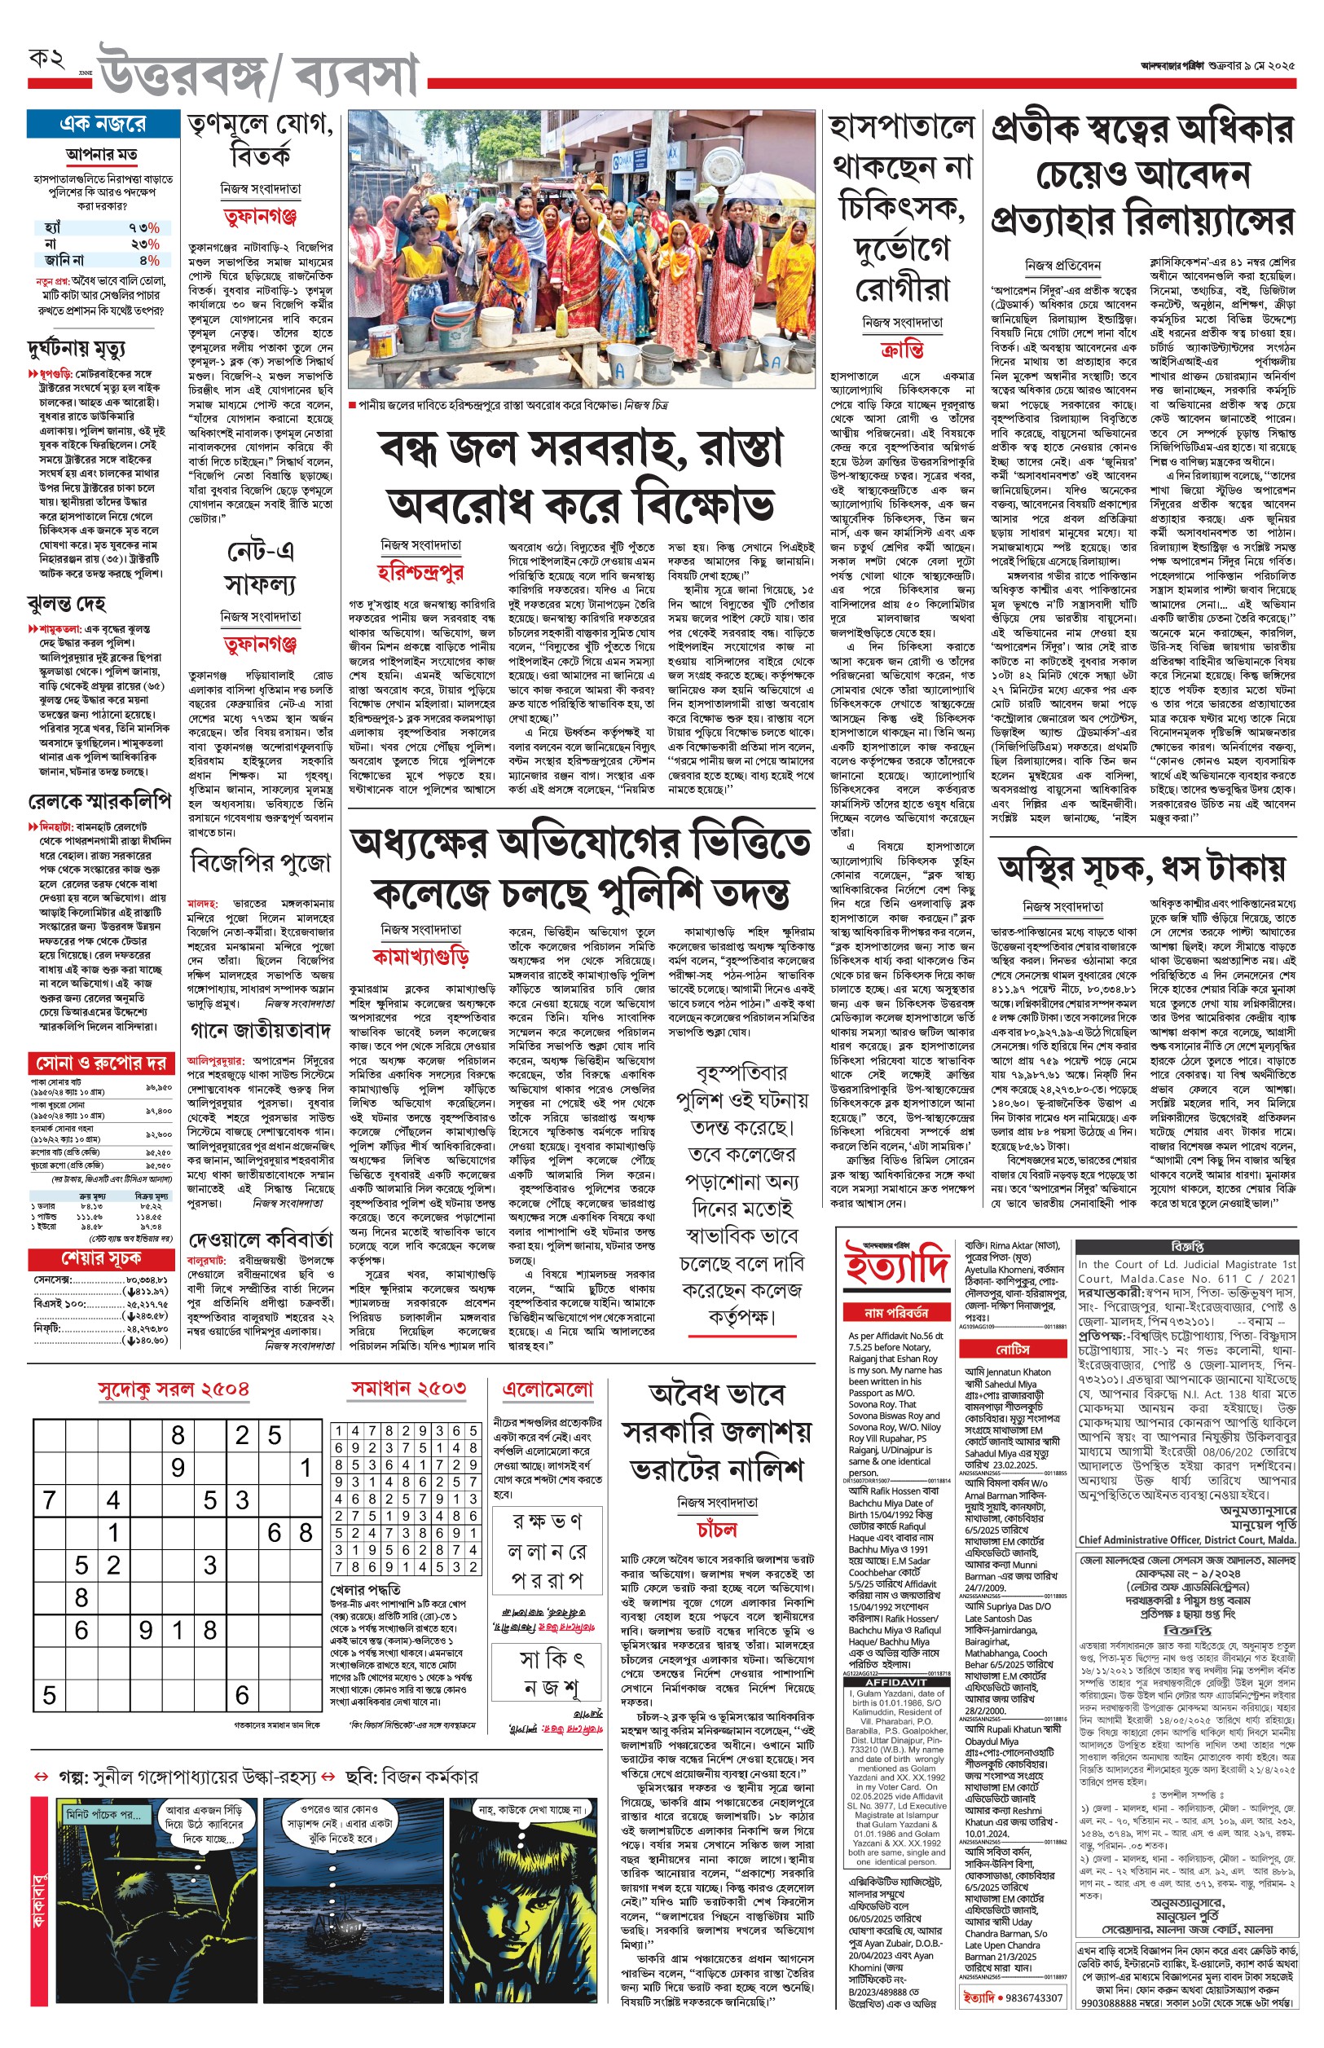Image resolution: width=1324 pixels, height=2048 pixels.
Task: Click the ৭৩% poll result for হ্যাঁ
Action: [143, 228]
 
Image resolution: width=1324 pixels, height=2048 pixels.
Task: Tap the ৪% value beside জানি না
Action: [147, 260]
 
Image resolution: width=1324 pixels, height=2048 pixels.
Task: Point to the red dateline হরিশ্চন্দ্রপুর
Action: [421, 572]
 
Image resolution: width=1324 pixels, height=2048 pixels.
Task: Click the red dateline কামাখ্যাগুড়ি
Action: [421, 956]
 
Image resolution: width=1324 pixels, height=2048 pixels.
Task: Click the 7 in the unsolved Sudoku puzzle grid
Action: [49, 1501]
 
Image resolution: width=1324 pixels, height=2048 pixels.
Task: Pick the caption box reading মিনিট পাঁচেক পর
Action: [104, 1814]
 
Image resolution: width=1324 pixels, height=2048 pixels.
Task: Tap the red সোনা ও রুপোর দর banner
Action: [99, 1063]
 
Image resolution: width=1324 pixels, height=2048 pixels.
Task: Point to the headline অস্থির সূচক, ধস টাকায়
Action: [1141, 869]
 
